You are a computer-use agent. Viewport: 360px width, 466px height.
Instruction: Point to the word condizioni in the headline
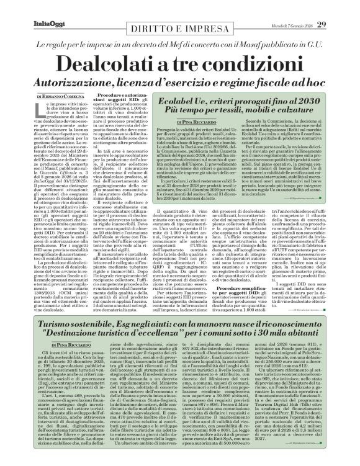pyautogui.click(x=248, y=65)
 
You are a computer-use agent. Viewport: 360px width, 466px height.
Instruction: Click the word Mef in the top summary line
pyautogui.click(x=197, y=45)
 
